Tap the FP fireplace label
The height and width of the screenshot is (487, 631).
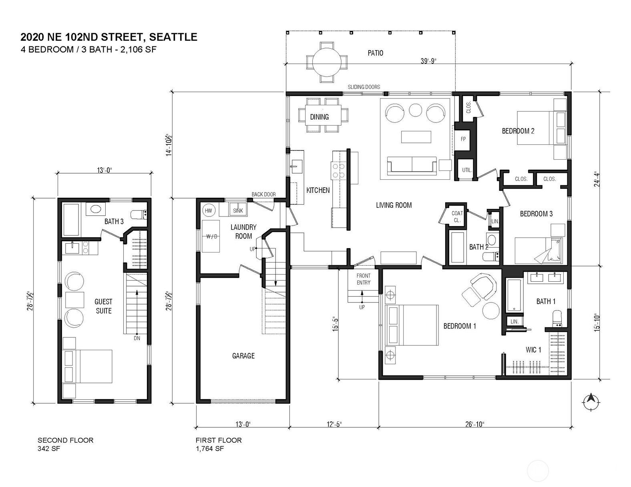(x=463, y=139)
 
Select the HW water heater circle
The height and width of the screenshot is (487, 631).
(x=208, y=210)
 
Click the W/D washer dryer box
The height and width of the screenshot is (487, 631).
(x=211, y=236)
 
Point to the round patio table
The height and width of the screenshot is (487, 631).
(x=327, y=63)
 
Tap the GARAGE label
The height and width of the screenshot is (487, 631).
(x=243, y=356)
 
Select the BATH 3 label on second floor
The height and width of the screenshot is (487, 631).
(x=114, y=221)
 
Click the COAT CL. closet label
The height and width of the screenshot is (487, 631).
(x=457, y=217)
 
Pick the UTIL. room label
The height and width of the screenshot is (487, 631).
(x=467, y=170)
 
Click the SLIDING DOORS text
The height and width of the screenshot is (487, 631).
(x=364, y=87)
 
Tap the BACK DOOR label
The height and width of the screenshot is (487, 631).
(x=263, y=194)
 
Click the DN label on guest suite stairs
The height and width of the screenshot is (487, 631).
(x=137, y=339)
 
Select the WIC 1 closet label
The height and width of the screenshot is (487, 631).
(x=533, y=350)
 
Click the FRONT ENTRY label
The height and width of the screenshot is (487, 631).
(x=364, y=279)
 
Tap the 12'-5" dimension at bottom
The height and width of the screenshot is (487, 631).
(x=334, y=424)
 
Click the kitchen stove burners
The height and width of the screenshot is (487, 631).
(x=338, y=171)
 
